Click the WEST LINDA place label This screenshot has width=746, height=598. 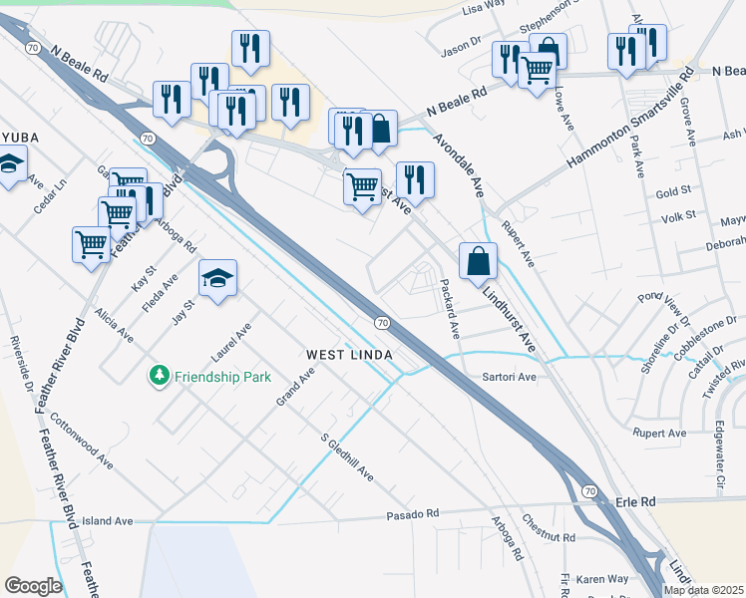(x=348, y=355)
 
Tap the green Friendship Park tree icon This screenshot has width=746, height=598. (x=158, y=376)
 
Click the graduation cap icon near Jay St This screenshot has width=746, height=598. (x=217, y=278)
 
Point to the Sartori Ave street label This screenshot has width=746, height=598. (x=510, y=378)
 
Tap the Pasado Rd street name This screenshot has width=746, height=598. (x=413, y=514)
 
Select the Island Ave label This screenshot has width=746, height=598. (x=107, y=520)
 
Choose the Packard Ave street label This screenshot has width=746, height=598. (x=450, y=307)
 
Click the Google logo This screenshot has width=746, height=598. (x=33, y=586)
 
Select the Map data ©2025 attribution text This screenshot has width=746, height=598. (x=703, y=590)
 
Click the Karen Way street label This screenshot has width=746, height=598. (x=602, y=578)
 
